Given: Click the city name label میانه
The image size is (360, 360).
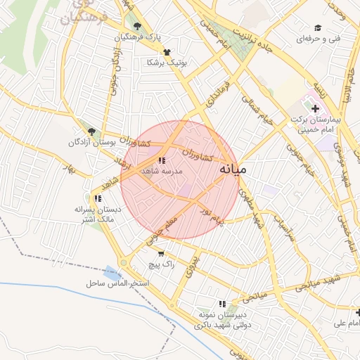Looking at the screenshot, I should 233,169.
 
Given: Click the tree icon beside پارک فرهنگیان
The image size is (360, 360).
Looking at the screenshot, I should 138,27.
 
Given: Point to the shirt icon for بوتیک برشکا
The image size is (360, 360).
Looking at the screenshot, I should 167,52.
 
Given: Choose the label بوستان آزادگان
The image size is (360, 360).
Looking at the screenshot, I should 91,142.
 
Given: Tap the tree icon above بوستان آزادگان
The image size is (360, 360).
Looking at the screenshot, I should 91,131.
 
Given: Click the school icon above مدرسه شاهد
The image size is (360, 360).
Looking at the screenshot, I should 162,161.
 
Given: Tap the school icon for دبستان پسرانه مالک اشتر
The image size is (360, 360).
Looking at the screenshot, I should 97,198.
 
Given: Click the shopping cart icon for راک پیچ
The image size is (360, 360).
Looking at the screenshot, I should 162,254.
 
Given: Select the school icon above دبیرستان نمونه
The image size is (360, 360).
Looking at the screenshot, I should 222,304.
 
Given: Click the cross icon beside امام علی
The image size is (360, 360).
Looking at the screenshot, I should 358,312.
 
